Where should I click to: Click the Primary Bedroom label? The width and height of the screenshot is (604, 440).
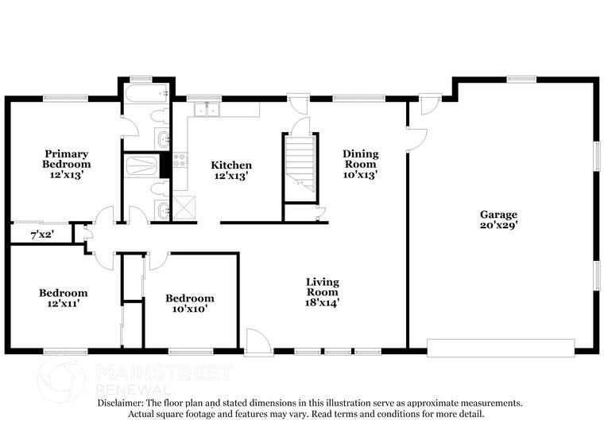(66, 158)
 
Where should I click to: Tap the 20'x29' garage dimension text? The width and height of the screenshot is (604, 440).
(498, 225)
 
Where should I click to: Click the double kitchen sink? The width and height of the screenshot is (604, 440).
(207, 109)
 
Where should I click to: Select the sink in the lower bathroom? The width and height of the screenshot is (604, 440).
(163, 211)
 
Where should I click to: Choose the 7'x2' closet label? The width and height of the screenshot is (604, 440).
(41, 235)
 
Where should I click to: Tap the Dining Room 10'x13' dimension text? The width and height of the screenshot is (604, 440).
(360, 174)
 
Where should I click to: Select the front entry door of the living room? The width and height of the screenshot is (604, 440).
(257, 344)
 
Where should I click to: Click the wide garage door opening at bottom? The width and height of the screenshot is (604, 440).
(501, 348)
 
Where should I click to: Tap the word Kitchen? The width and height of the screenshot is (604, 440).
(231, 165)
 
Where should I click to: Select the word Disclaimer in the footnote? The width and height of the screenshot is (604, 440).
(122, 403)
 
